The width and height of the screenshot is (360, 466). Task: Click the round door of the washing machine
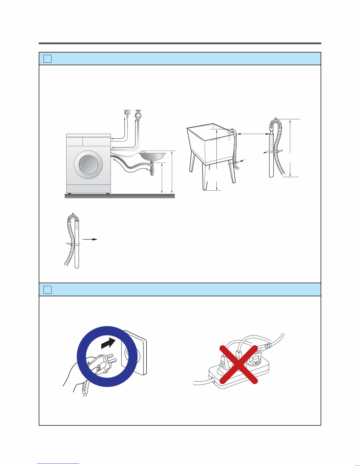(89, 164)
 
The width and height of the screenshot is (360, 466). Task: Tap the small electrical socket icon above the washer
(127, 112)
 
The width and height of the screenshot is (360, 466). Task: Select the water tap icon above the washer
(139, 114)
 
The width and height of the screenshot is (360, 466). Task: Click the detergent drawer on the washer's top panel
(74, 141)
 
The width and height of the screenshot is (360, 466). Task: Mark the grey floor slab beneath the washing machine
(119, 196)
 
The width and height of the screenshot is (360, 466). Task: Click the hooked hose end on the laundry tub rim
(231, 133)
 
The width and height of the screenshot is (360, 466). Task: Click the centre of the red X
(238, 364)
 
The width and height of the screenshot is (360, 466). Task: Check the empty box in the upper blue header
(47, 59)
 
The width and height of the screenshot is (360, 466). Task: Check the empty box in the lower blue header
(47, 289)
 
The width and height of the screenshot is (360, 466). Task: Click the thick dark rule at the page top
(180, 43)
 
